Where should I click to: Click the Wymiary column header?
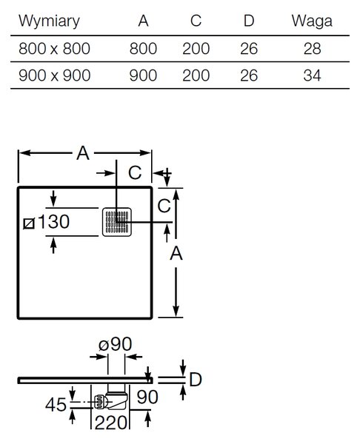tap(49, 21)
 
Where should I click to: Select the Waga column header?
tap(312, 21)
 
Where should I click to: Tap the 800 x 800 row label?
tap(54, 48)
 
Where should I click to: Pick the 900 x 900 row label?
tap(54, 75)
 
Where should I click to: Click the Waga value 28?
tap(312, 48)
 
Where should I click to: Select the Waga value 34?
tap(312, 75)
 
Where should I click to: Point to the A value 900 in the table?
tap(143, 75)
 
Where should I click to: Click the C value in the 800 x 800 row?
tap(196, 48)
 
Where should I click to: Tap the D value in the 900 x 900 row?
tap(249, 75)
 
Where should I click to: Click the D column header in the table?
tap(249, 21)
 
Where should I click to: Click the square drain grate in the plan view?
tap(117, 222)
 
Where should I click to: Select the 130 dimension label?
tap(53, 221)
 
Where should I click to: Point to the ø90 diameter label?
tap(115, 344)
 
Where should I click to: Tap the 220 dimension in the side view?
tap(110, 423)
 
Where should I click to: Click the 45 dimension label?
tap(56, 405)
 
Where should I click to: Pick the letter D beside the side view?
tap(196, 380)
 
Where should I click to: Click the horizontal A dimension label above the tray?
tap(83, 153)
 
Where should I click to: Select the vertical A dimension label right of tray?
tap(176, 253)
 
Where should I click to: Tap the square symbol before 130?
tap(29, 223)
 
